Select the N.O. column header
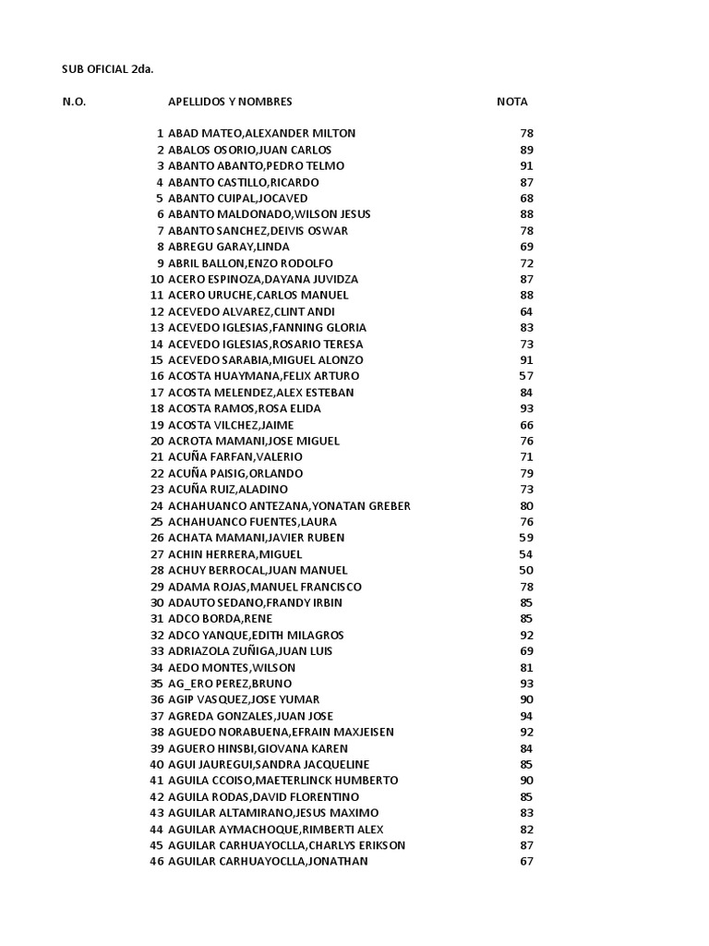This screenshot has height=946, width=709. tap(74, 102)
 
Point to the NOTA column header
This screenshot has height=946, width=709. tap(512, 102)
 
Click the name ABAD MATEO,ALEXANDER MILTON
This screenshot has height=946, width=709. tap(261, 133)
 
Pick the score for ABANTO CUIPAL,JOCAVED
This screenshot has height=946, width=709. tap(526, 198)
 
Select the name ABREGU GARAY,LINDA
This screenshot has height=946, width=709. tap(228, 247)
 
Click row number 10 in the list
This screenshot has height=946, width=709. tap(157, 279)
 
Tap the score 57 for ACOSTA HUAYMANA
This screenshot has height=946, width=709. tap(526, 376)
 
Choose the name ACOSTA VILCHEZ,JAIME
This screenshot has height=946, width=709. tap(230, 424)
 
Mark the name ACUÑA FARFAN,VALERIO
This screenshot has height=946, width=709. tap(234, 456)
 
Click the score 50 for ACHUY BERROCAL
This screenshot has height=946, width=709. tap(526, 570)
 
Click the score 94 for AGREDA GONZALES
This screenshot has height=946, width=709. tap(526, 715)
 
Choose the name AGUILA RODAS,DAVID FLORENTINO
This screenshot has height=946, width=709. tap(263, 796)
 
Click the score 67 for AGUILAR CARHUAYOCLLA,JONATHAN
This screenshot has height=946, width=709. tap(526, 861)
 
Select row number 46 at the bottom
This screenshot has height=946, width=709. tap(157, 861)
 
